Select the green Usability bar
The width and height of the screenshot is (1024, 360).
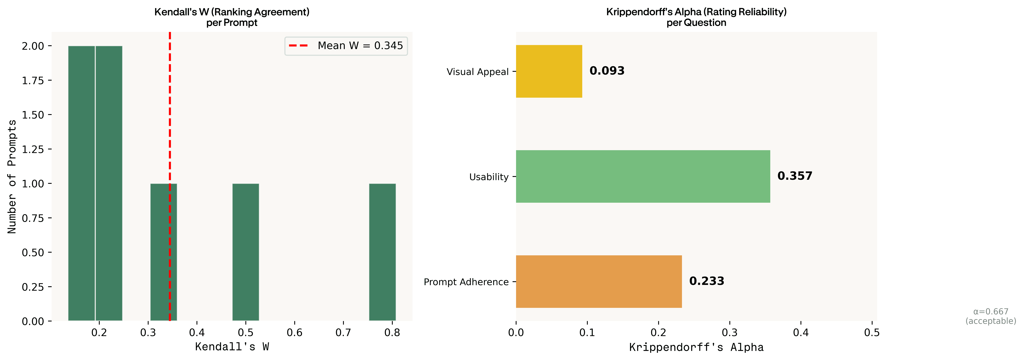pos(643,176)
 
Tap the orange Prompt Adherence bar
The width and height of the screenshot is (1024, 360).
pos(599,281)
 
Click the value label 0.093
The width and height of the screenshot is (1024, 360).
pos(607,71)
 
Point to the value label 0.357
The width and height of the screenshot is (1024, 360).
pos(795,176)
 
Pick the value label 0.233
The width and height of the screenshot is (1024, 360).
pos(707,281)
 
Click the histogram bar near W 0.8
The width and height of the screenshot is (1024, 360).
pos(382,252)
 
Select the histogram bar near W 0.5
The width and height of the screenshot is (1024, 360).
pos(246,252)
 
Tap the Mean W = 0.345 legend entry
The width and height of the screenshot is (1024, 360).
pos(346,46)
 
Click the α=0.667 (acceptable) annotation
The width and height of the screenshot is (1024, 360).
pos(991,316)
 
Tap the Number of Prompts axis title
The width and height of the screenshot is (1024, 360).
pos(12,176)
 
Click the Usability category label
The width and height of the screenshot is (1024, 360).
pos(489,177)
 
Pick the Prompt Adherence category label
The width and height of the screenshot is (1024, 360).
pos(466,282)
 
